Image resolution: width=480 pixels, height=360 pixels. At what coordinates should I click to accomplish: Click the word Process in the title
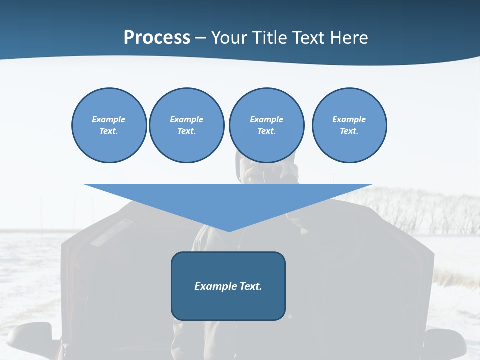157,38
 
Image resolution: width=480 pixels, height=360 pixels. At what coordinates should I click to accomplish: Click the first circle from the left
109,125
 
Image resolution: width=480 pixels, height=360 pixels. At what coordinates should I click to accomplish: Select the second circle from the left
186,125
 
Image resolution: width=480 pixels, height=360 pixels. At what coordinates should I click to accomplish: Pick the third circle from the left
266,125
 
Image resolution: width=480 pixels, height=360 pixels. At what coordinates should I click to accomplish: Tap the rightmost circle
349,125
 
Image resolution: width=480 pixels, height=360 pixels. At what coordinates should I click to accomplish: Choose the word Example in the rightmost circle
349,119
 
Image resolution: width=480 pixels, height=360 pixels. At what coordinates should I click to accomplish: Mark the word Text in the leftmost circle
109,131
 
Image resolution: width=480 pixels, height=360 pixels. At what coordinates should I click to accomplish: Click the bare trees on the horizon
425,210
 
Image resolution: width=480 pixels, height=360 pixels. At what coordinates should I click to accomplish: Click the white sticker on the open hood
111,233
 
